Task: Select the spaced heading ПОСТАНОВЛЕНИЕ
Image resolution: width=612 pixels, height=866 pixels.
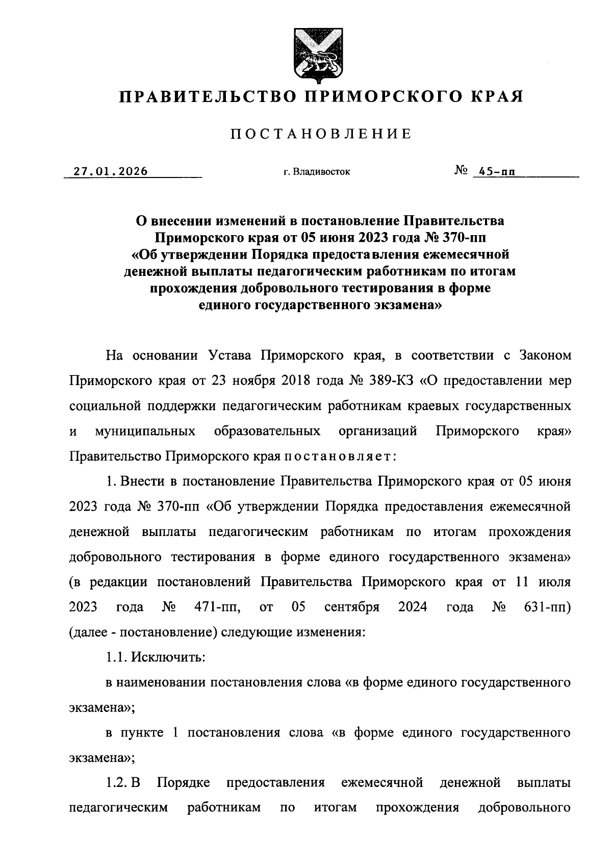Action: point(321,134)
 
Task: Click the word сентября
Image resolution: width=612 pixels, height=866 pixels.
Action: point(352,607)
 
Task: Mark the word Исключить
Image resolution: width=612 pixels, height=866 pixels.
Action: point(168,657)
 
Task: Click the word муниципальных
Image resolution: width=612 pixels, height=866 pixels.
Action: point(145,431)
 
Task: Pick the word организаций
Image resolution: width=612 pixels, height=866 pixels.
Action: point(378,431)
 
